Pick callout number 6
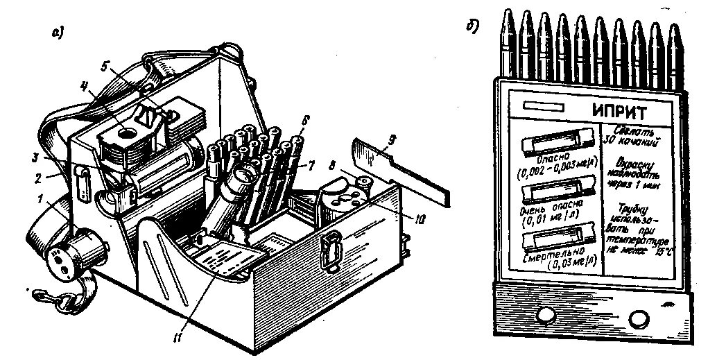[304, 119]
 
